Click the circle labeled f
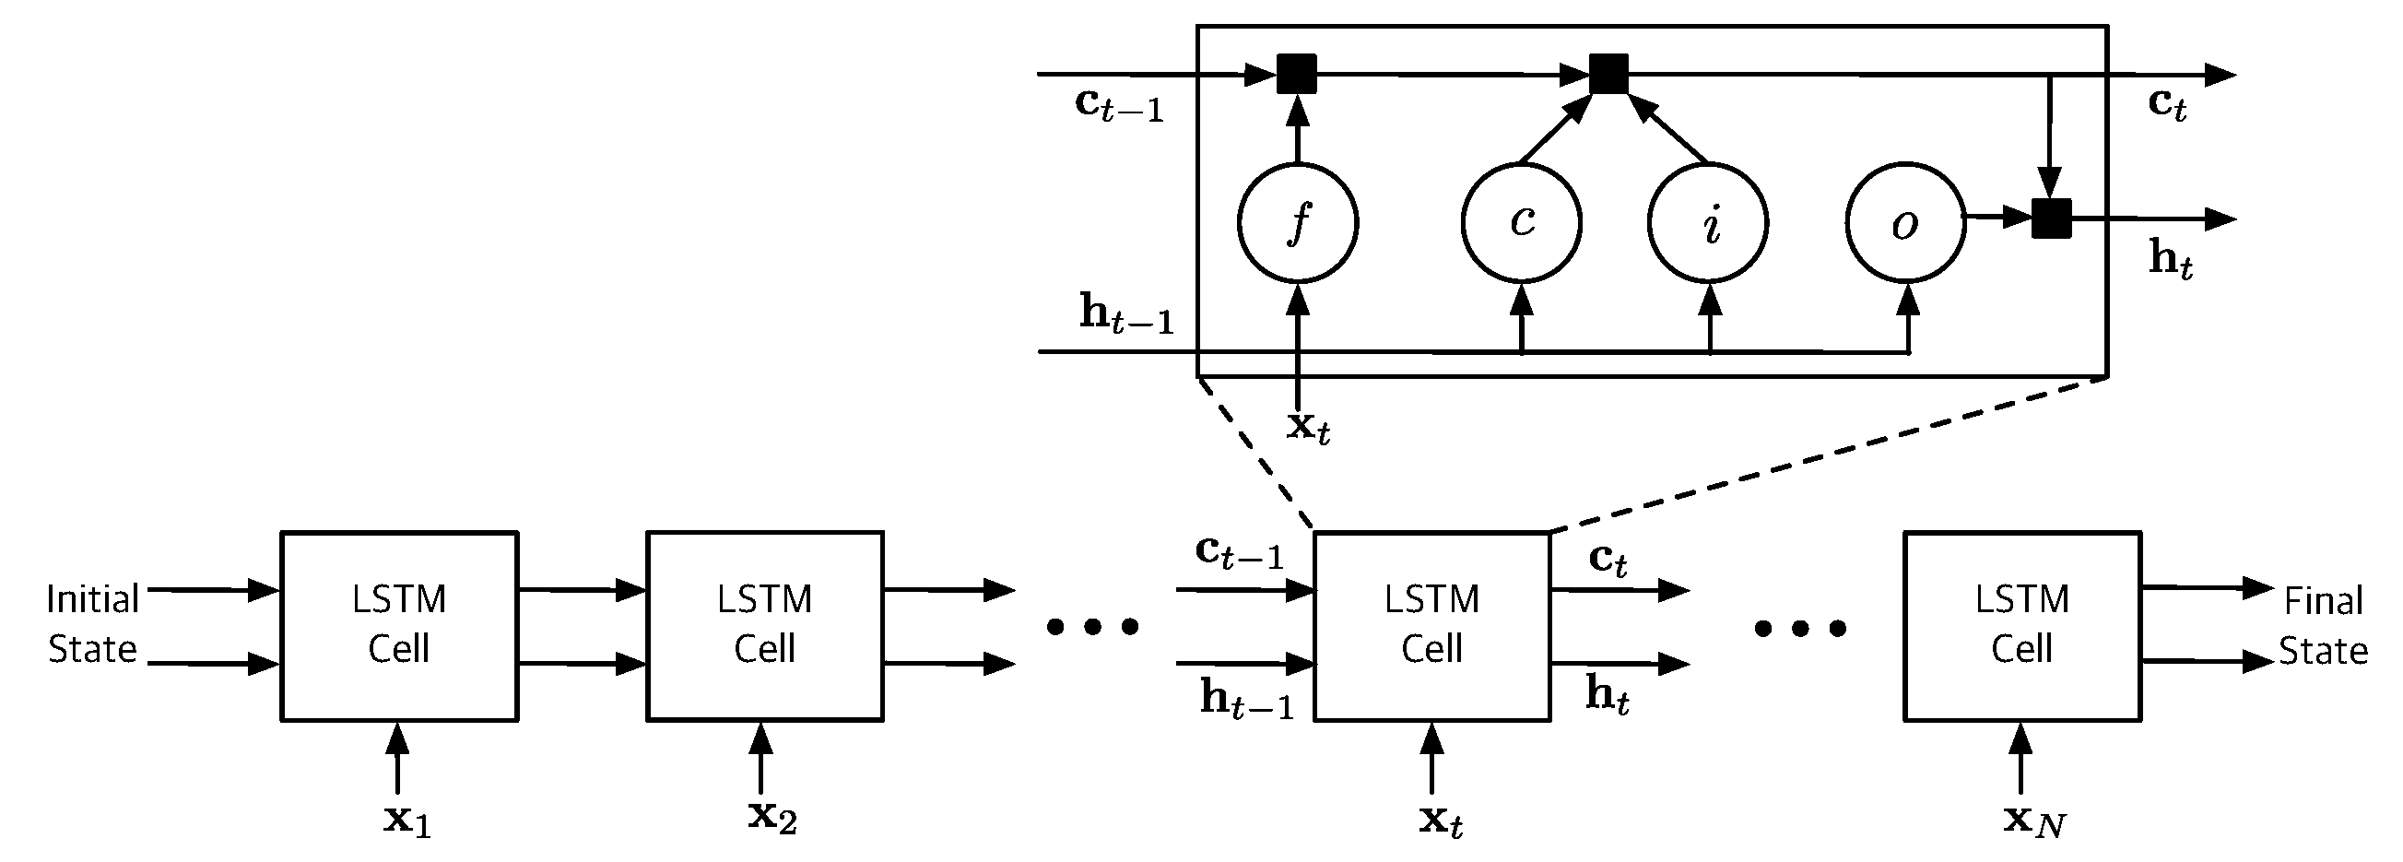1297,223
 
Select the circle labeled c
1521,223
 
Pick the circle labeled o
1905,223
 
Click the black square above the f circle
1296,74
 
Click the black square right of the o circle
2050,218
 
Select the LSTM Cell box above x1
399,625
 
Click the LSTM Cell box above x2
765,625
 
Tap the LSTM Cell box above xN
2021,625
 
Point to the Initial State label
92,623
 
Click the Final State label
2323,625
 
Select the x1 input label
406,820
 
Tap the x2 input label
772,817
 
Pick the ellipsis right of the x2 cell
1092,626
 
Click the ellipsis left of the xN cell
1799,629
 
